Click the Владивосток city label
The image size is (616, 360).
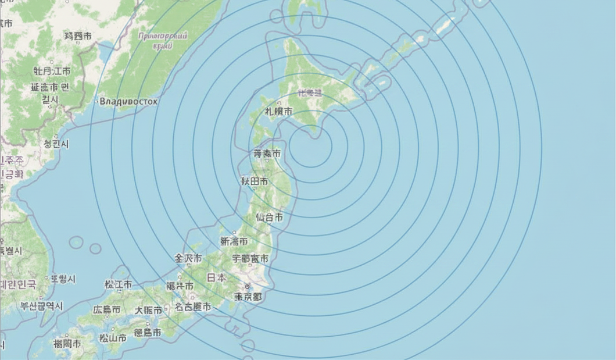[128, 101]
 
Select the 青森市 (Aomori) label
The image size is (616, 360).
[267, 154]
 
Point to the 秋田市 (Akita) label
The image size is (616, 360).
[255, 181]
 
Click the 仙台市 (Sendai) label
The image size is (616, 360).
[270, 218]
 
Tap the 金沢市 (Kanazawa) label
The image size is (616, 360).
[188, 258]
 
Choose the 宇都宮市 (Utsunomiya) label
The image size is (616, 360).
[250, 258]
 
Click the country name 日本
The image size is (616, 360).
[217, 277]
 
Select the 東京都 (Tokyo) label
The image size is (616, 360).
[249, 297]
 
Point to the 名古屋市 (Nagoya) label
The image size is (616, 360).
[194, 306]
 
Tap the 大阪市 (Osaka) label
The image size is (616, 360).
[149, 310]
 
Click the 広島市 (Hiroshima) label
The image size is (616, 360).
[106, 310]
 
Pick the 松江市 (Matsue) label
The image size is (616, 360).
[118, 284]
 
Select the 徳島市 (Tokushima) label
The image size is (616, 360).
[148, 332]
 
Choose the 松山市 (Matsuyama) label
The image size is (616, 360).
[113, 337]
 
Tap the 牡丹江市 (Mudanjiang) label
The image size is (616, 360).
[51, 72]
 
